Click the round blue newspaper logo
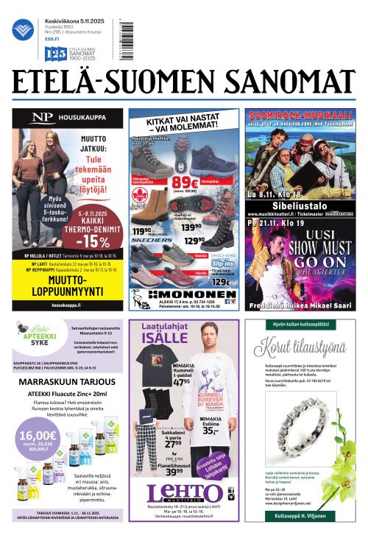pos(23,30)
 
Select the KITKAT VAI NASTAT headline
pos(183,125)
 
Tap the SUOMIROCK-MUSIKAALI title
pos(299,117)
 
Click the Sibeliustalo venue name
pos(299,202)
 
